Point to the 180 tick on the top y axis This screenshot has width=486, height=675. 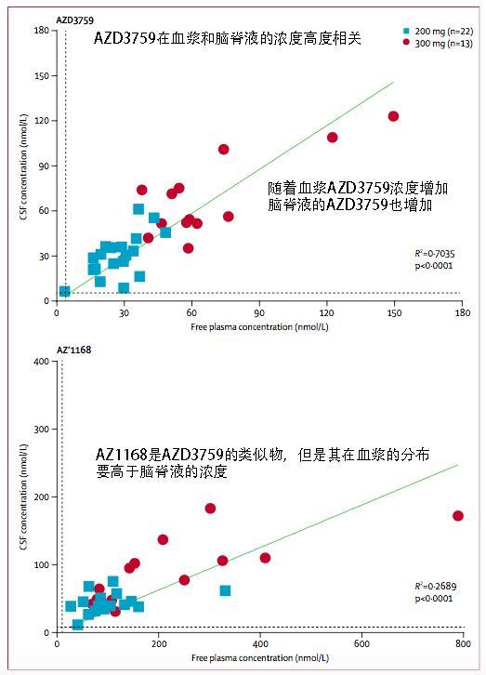click(x=42, y=31)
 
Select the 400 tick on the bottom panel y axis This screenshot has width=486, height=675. click(x=42, y=362)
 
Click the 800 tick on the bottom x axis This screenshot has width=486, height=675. click(x=457, y=645)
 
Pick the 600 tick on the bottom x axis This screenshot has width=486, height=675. click(x=357, y=645)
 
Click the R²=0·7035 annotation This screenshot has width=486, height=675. click(x=434, y=253)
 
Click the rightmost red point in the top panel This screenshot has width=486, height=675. click(x=393, y=116)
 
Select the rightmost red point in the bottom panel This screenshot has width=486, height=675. click(x=457, y=516)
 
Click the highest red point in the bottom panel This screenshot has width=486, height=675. click(x=210, y=509)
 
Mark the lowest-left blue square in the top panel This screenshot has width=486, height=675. click(x=64, y=291)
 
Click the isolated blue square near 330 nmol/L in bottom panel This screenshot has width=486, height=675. click(x=225, y=590)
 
